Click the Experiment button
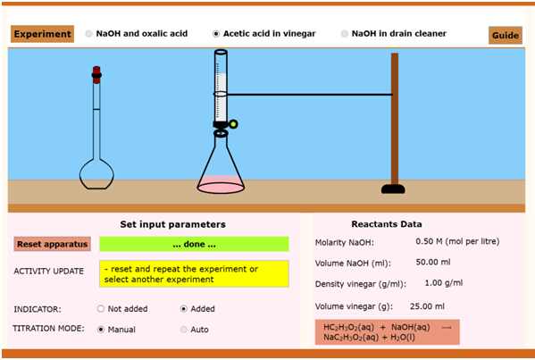point(42,34)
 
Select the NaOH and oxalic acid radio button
point(88,34)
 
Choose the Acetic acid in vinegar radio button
point(216,34)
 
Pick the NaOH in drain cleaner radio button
point(345,34)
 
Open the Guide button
point(506,35)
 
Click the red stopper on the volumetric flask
point(96,75)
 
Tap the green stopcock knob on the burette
point(233,124)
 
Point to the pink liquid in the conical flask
point(221,184)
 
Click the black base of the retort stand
point(393,189)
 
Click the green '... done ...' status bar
point(194,244)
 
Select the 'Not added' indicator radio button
point(101,309)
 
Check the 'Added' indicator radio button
point(184,309)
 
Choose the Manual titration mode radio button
point(101,330)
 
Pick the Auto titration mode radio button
point(184,330)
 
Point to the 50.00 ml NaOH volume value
point(433,262)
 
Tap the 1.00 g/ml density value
point(444,283)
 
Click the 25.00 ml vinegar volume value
point(427,306)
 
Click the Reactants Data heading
point(387,224)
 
